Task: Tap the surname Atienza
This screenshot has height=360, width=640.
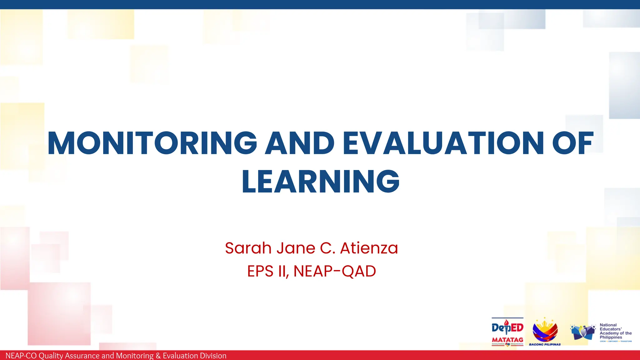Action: (x=369, y=248)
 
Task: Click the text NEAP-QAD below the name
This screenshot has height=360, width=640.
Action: (x=334, y=271)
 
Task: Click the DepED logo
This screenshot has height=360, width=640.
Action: (x=507, y=327)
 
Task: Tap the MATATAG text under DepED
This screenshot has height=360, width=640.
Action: (x=507, y=340)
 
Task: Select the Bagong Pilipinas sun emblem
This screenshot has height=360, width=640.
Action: (x=545, y=331)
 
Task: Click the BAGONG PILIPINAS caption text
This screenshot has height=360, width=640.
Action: (x=545, y=344)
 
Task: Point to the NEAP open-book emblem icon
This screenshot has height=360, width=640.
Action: (x=583, y=332)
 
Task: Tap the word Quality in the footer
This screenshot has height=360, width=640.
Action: (x=51, y=356)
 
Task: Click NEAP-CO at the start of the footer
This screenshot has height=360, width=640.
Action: (x=21, y=356)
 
